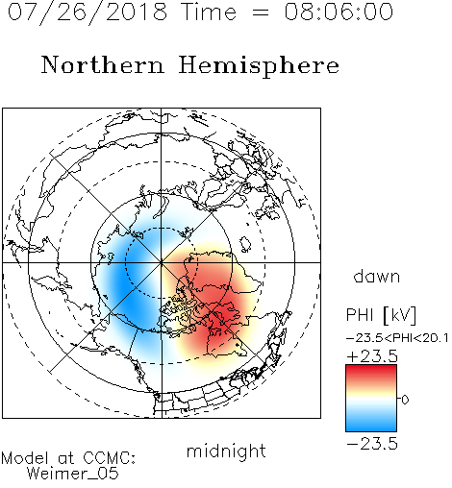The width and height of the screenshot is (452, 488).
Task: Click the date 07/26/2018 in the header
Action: pyautogui.click(x=88, y=12)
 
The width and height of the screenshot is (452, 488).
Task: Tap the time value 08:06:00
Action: pyautogui.click(x=339, y=12)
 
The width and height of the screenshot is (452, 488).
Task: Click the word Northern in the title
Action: pyautogui.click(x=103, y=64)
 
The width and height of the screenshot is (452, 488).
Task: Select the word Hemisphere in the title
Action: pyautogui.click(x=259, y=65)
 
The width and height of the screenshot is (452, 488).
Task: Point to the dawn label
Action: pyautogui.click(x=377, y=276)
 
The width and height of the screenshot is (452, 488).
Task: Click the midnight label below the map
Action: pyautogui.click(x=226, y=451)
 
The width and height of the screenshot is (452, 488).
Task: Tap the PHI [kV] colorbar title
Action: pyautogui.click(x=381, y=315)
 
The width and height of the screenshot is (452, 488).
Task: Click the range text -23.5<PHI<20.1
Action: pyautogui.click(x=397, y=338)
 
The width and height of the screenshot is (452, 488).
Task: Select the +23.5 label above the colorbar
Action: pyautogui.click(x=372, y=356)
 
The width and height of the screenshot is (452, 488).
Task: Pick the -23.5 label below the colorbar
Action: pyautogui.click(x=372, y=444)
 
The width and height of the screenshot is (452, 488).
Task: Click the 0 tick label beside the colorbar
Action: pyautogui.click(x=405, y=400)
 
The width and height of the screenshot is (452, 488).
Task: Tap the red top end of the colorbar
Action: pyautogui.click(x=371, y=368)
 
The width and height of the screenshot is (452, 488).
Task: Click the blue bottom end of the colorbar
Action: pyautogui.click(x=371, y=428)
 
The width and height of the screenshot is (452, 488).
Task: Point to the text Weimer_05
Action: pyautogui.click(x=73, y=474)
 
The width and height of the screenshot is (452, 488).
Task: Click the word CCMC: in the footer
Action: pyautogui.click(x=110, y=458)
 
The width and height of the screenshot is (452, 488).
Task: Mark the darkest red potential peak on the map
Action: pyautogui.click(x=221, y=320)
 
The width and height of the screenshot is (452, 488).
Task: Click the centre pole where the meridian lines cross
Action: pyautogui.click(x=162, y=262)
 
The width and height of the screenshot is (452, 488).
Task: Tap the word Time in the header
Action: pyautogui.click(x=209, y=12)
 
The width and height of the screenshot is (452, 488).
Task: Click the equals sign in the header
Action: pyautogui.click(x=260, y=12)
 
